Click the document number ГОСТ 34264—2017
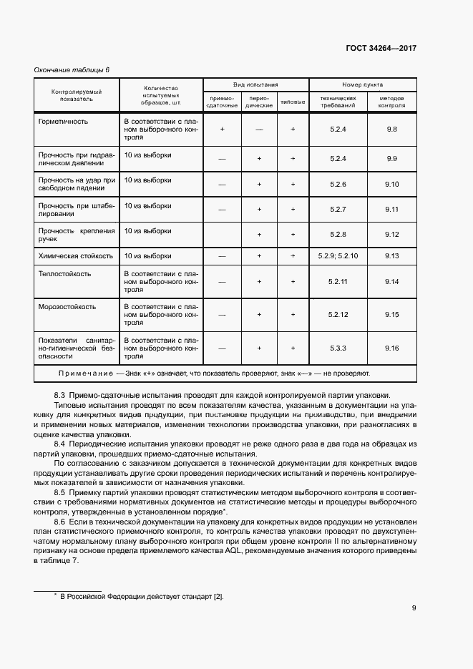tap(381, 49)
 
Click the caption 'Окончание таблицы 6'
tap(72, 69)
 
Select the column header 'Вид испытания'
tap(255, 84)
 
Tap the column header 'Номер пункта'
tap(362, 84)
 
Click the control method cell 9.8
tap(391, 129)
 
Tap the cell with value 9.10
tap(391, 185)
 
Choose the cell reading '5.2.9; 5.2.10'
tap(338, 255)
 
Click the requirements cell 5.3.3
tap(338, 348)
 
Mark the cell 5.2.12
tap(338, 314)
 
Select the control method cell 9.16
tap(391, 348)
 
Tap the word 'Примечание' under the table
tap(85, 373)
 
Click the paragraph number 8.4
tap(60, 444)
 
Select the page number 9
tap(414, 609)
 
